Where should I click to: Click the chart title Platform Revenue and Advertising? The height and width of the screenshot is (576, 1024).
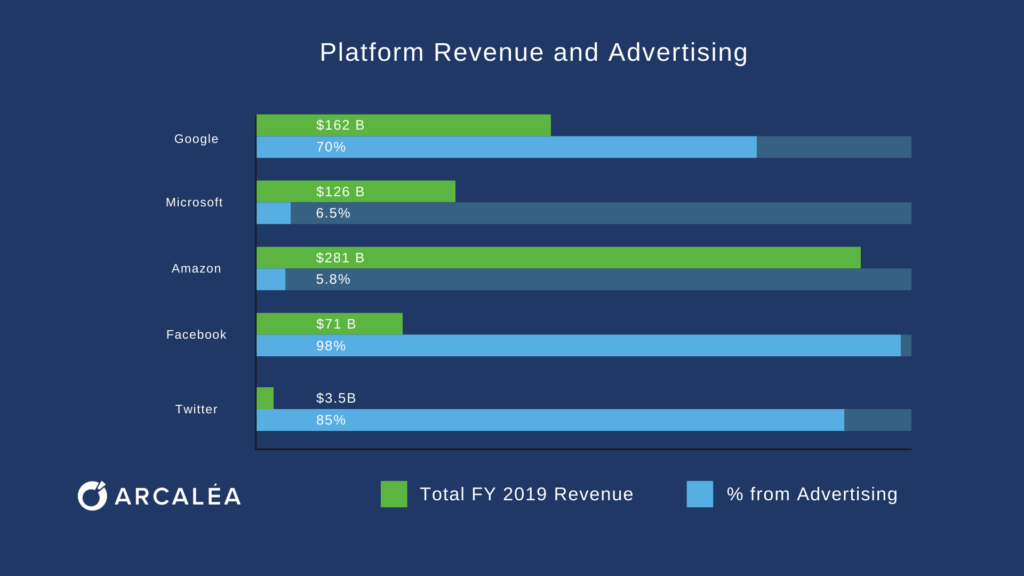point(533,52)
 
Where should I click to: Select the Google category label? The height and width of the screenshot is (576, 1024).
point(196,139)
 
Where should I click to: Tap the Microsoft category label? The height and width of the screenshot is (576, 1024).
point(194,202)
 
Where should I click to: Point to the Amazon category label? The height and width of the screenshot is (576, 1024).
point(196,268)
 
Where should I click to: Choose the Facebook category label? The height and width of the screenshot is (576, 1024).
point(196,334)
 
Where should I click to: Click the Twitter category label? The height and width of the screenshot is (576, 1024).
point(196,409)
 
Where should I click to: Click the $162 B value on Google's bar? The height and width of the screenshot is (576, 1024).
point(340,125)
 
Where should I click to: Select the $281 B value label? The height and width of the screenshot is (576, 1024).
point(340,258)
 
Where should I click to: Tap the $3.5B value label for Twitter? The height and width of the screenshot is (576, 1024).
point(336,398)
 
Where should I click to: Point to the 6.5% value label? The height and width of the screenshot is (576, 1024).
point(333,213)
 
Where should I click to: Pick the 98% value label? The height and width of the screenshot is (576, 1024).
point(331,346)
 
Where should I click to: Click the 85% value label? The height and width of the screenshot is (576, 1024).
point(331,420)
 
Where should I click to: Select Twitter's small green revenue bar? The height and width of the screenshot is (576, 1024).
point(265,398)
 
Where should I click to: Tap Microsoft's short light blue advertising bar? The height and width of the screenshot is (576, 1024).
point(273,213)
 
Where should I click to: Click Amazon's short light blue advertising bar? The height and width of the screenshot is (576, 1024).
point(271,279)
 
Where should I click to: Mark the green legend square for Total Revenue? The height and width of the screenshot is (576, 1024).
point(394,494)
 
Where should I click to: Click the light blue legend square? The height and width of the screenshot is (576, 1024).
point(700,494)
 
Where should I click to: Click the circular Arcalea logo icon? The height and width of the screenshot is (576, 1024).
point(91,495)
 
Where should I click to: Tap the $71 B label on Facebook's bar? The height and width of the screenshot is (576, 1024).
point(336,324)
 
